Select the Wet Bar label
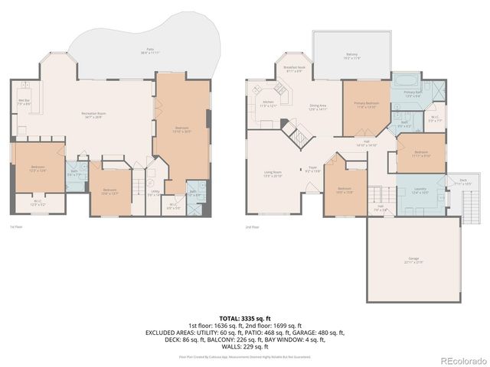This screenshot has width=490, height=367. pyautogui.click(x=24, y=102)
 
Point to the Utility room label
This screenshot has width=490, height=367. pyautogui.click(x=155, y=193)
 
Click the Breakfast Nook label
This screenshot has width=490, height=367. pyautogui.click(x=295, y=69)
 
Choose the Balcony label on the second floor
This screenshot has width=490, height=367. pyautogui.click(x=352, y=56)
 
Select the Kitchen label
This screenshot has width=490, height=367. pyautogui.click(x=267, y=103)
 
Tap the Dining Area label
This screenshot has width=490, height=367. pyautogui.click(x=318, y=108)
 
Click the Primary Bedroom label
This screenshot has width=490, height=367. pyautogui.click(x=366, y=105)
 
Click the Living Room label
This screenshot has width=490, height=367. pyautogui.click(x=273, y=174)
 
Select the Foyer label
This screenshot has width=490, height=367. pyautogui.click(x=312, y=169)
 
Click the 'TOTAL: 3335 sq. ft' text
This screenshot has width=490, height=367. pyautogui.click(x=244, y=317)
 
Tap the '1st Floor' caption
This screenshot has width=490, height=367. pyautogui.click(x=16, y=227)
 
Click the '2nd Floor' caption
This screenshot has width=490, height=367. pyautogui.click(x=252, y=227)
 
